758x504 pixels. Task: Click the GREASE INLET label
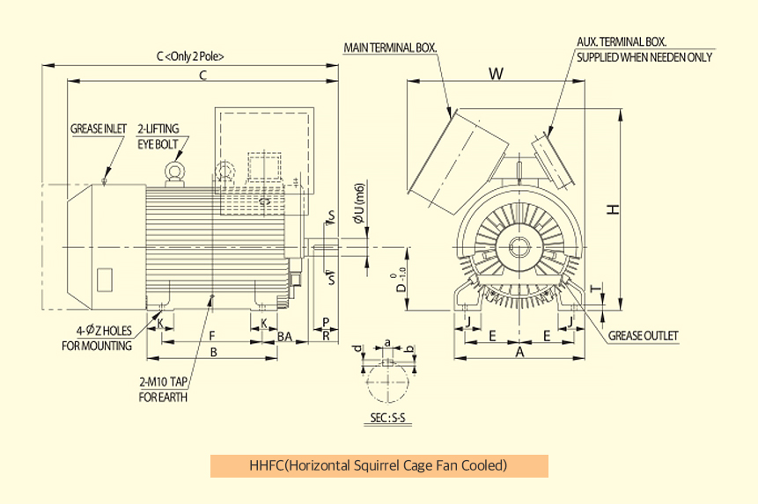point(99,128)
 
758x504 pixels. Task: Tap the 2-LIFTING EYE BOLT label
point(158,135)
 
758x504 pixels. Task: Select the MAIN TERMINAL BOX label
point(390,47)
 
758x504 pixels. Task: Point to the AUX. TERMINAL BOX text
point(622,41)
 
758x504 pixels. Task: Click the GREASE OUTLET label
point(643,336)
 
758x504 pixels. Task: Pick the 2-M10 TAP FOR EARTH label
point(164,390)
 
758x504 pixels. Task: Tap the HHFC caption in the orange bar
point(379,464)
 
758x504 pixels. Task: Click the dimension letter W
point(497,75)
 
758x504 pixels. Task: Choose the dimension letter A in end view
point(519,352)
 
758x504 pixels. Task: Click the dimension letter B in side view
point(212,352)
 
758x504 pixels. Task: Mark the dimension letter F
point(212,335)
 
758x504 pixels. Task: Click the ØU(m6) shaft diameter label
point(357,204)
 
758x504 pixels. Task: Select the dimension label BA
point(284,336)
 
